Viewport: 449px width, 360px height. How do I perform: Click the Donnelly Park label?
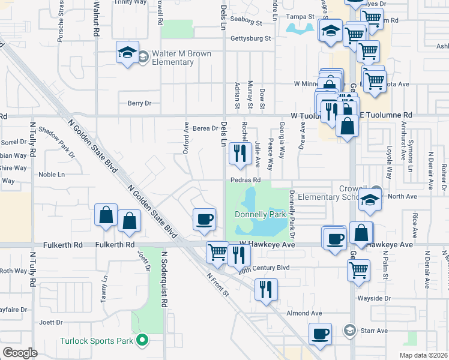(260, 214)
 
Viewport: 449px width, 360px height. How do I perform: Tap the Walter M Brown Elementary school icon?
(128, 54)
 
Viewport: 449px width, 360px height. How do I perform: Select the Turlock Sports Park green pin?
(142, 341)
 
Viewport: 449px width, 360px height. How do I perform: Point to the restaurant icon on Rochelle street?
(240, 154)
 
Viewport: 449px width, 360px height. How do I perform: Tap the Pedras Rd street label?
(245, 180)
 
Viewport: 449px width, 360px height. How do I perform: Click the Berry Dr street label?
(139, 103)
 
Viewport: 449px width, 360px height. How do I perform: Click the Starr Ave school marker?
(349, 330)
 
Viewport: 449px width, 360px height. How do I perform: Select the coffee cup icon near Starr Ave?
(320, 334)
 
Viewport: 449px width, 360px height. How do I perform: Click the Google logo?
(20, 353)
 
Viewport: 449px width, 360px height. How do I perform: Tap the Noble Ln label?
(51, 175)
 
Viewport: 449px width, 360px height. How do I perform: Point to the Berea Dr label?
(204, 128)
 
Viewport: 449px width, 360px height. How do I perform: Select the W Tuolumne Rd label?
(311, 115)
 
